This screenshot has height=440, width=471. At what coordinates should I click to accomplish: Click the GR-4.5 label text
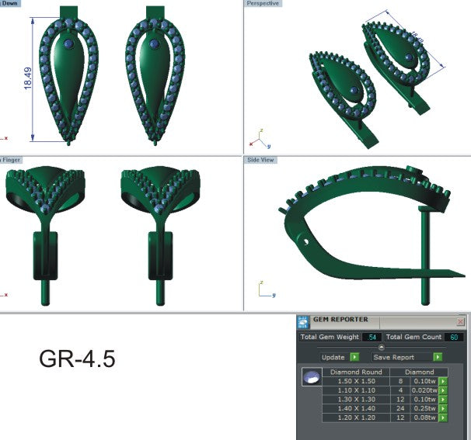click(77, 359)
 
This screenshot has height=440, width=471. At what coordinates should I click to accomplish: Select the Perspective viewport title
click(263, 4)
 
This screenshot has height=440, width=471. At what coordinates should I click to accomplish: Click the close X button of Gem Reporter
click(460, 321)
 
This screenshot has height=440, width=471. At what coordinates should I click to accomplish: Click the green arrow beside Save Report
click(438, 357)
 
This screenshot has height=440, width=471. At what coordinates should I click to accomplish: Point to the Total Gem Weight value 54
click(372, 338)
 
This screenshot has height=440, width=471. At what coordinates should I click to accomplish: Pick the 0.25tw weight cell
click(424, 408)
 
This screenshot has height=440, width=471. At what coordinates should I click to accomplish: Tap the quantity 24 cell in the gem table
click(399, 408)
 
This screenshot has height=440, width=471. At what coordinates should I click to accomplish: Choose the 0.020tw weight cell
click(424, 390)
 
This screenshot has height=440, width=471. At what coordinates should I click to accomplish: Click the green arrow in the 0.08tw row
click(443, 417)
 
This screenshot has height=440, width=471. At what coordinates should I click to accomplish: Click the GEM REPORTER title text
click(340, 320)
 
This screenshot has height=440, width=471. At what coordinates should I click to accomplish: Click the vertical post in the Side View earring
click(424, 256)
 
